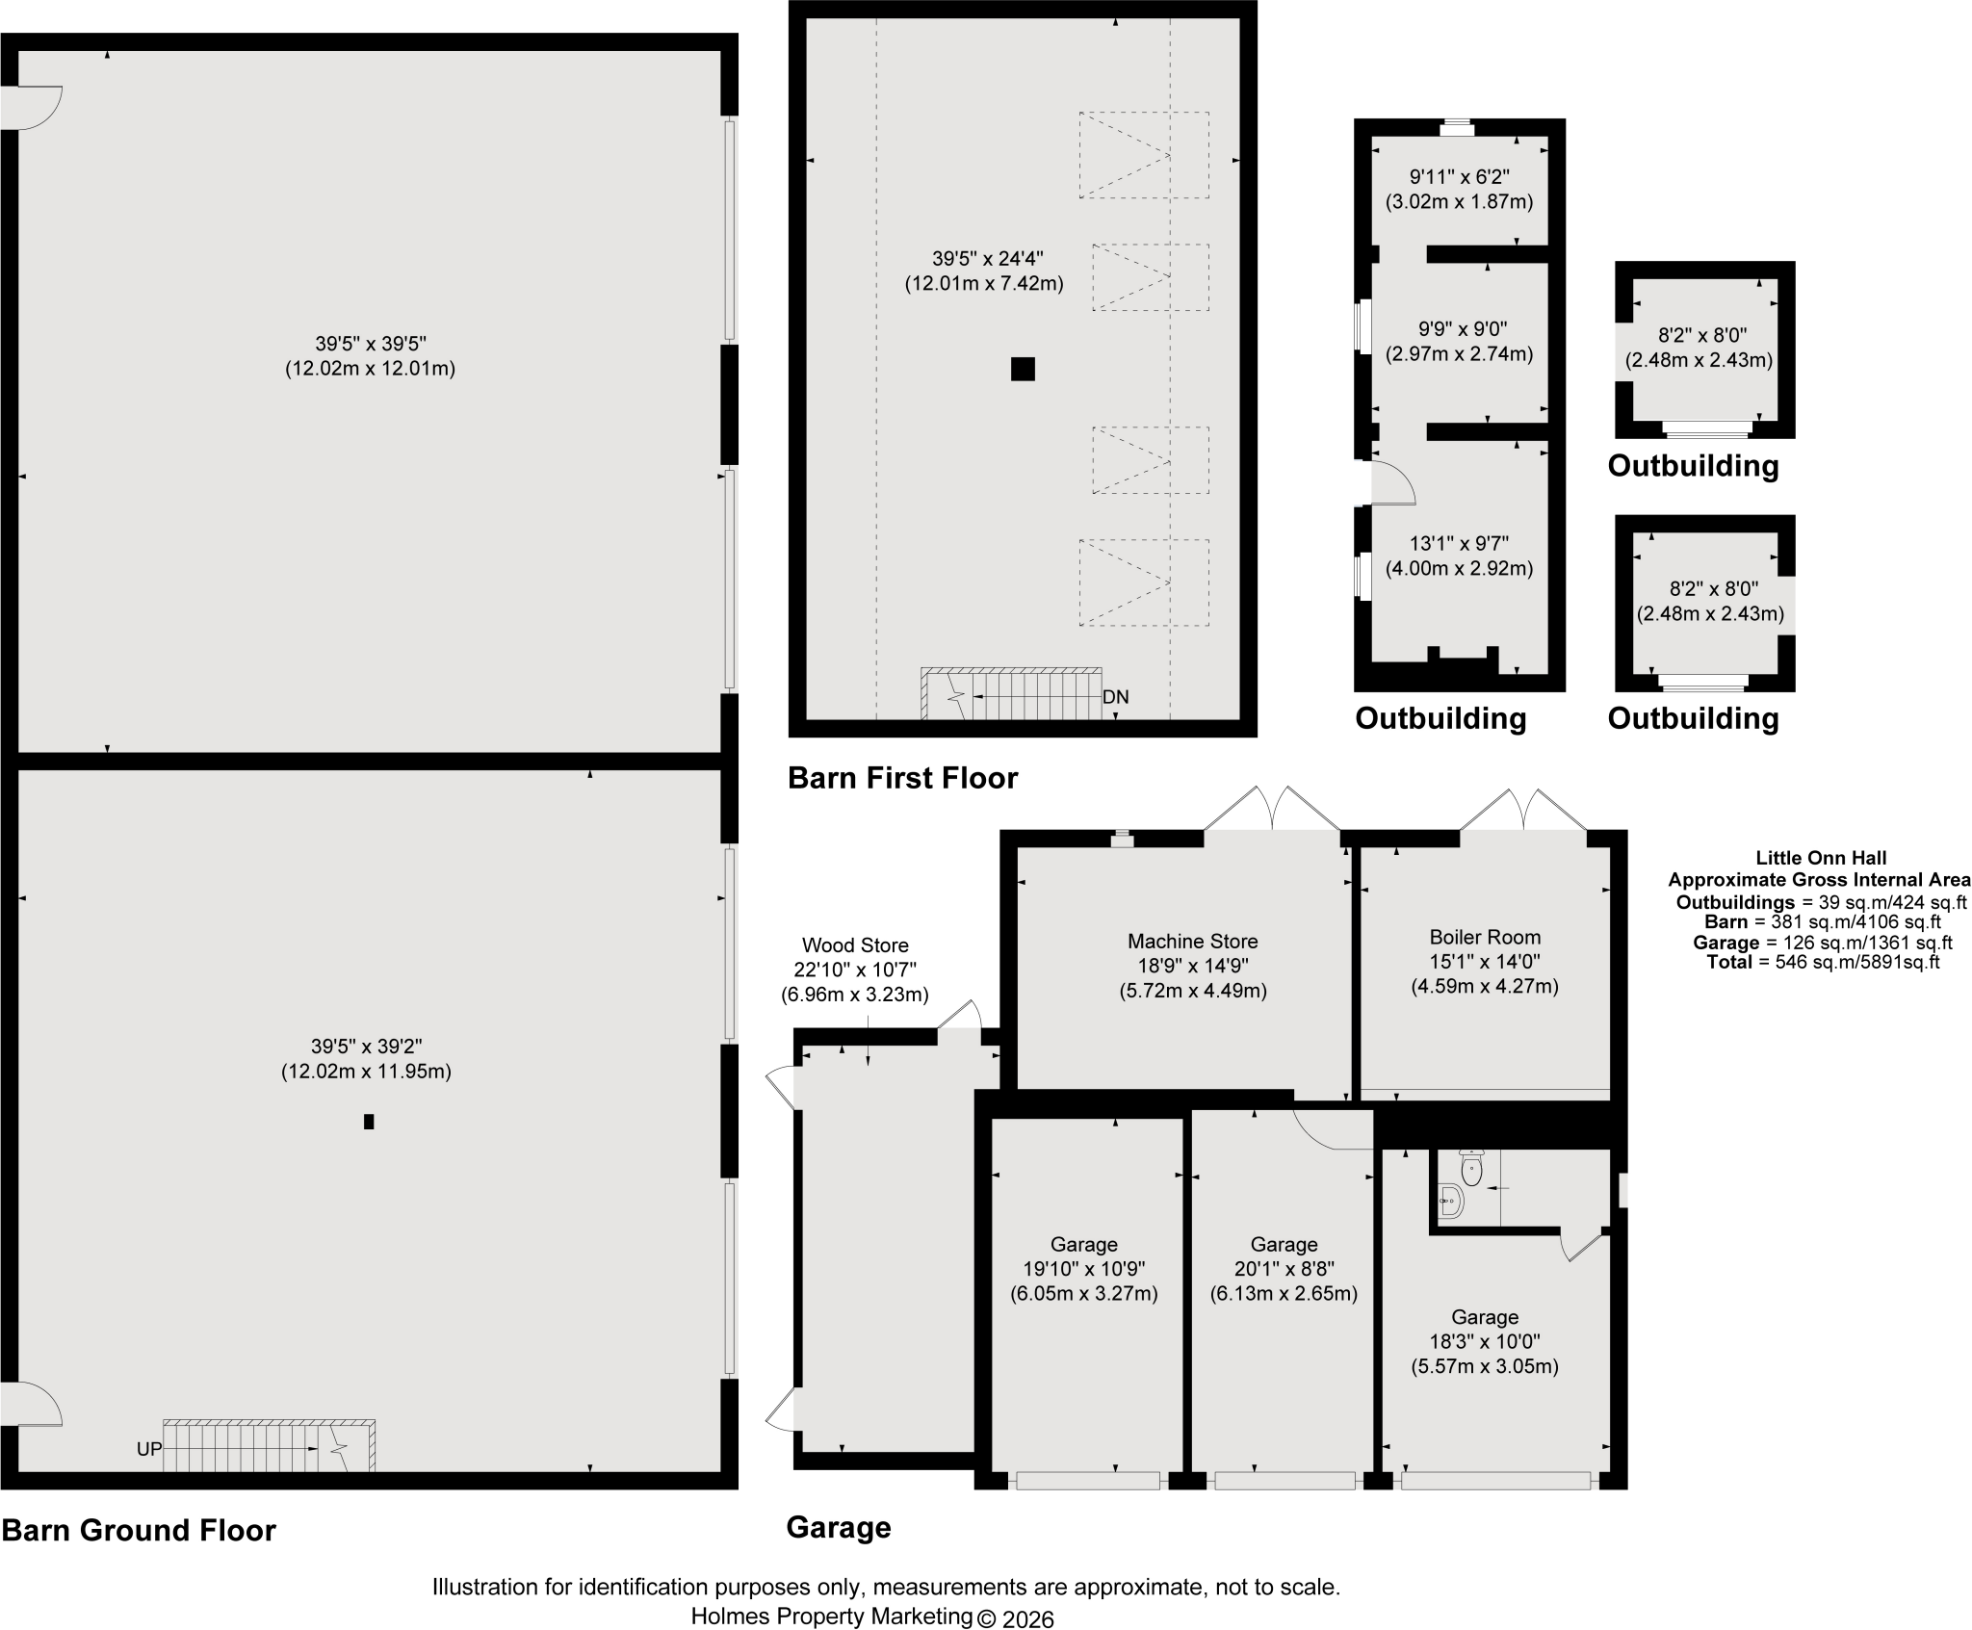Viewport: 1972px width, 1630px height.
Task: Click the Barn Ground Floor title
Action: [139, 1530]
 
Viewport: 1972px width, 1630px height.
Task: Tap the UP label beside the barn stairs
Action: [149, 1448]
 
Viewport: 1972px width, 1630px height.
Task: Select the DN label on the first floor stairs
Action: [1116, 696]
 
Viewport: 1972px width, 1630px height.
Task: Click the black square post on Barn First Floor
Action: [1023, 369]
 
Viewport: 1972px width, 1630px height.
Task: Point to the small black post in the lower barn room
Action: [369, 1121]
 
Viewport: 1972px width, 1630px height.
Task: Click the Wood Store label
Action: [855, 945]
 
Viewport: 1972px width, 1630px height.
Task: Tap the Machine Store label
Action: [1193, 941]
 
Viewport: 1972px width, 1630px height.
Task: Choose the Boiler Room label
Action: [1485, 937]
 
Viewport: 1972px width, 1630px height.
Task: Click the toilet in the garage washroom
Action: [1471, 1167]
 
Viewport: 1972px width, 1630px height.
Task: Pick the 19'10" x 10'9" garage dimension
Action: [1083, 1269]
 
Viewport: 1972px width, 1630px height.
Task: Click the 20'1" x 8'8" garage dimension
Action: [1284, 1269]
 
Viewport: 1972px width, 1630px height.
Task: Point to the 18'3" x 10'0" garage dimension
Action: [1485, 1341]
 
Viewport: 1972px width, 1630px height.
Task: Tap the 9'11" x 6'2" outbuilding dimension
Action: [1459, 177]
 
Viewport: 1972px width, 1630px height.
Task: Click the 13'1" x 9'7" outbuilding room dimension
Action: [1459, 543]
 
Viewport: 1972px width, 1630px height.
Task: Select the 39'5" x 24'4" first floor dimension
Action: [987, 258]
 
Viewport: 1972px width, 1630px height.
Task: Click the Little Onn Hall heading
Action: [1821, 857]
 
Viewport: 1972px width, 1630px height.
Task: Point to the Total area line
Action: [1823, 962]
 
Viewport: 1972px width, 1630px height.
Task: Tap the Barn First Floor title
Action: [902, 777]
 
